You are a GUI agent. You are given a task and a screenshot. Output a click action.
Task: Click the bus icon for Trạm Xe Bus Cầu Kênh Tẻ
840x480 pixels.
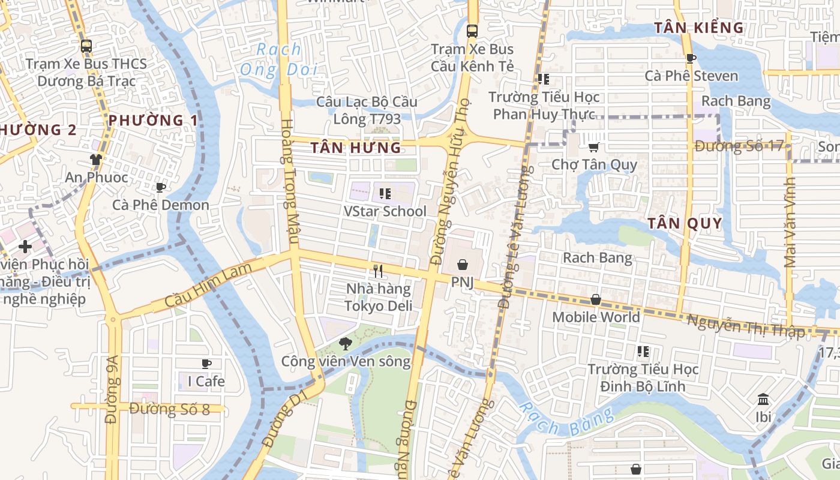click(472, 31)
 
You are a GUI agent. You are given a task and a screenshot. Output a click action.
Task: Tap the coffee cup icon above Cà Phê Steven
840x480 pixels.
click(691, 58)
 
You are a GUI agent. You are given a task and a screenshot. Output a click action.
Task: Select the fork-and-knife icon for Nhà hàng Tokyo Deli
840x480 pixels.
click(377, 271)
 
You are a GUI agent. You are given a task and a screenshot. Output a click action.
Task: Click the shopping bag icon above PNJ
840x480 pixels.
click(463, 265)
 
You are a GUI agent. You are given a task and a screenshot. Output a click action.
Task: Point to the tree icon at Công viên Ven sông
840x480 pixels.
click(345, 344)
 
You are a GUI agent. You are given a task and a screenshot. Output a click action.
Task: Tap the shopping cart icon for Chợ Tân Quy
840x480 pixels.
click(593, 147)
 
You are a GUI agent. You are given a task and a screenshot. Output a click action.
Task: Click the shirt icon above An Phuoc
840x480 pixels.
click(96, 160)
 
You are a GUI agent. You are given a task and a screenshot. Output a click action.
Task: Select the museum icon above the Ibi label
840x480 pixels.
click(763, 399)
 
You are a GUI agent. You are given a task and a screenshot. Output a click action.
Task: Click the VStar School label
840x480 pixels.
click(385, 211)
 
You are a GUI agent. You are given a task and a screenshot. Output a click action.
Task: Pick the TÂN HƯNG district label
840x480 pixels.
click(356, 148)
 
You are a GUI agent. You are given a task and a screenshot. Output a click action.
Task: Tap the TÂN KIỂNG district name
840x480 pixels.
click(699, 28)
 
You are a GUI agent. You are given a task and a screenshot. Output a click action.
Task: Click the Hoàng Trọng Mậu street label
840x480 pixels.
click(290, 181)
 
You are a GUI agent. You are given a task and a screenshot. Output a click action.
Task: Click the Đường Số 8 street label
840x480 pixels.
click(169, 409)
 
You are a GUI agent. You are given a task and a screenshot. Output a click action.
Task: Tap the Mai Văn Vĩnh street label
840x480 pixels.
click(790, 223)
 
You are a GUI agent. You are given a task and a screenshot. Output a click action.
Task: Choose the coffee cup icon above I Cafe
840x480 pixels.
click(206, 364)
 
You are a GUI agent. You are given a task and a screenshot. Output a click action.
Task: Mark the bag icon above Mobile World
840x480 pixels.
click(596, 299)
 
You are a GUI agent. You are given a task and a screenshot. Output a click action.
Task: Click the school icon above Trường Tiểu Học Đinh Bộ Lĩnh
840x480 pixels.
click(643, 352)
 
